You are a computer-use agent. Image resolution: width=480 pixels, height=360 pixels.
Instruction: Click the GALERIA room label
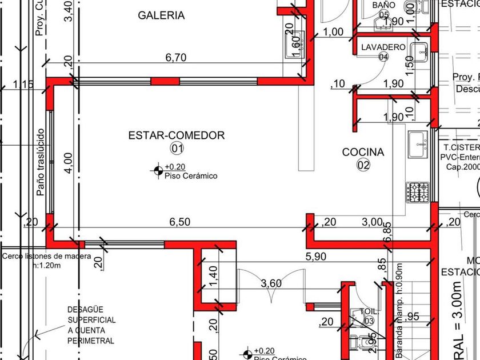(x=161, y=15)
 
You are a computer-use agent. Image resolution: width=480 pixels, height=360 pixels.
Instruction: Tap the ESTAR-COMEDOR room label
(x=177, y=135)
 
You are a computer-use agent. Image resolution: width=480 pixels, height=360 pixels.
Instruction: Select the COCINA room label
(x=363, y=152)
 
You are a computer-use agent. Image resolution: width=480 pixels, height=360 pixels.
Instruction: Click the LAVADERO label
(x=383, y=47)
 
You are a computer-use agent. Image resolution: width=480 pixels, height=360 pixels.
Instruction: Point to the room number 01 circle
(x=177, y=149)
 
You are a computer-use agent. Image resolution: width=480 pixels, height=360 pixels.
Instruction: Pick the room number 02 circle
(x=363, y=165)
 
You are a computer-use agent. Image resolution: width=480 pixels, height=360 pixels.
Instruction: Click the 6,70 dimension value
(x=177, y=57)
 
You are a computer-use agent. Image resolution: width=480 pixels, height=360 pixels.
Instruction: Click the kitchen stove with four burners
(x=418, y=192)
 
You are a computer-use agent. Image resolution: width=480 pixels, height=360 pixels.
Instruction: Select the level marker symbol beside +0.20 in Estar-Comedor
(x=158, y=170)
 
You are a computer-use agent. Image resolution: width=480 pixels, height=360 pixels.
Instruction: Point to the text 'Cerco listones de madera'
(x=46, y=257)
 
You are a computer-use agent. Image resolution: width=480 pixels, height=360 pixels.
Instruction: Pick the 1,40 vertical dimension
(x=213, y=277)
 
